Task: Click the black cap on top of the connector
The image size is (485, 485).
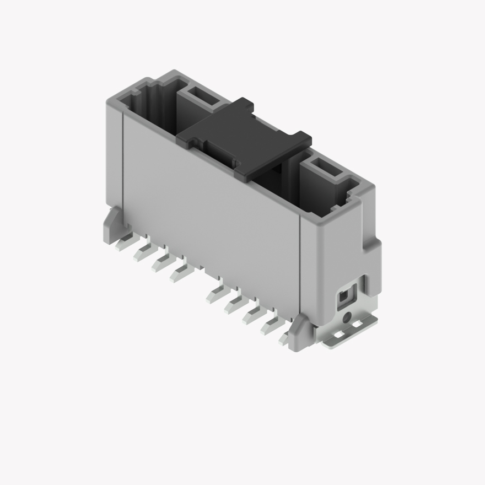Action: pos(242,138)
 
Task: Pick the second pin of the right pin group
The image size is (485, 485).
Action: pos(233,303)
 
